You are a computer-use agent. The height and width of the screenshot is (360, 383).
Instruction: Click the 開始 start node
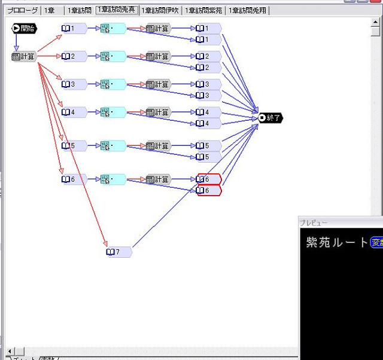tap(24, 28)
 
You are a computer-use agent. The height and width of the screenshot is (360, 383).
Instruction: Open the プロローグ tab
tap(22, 10)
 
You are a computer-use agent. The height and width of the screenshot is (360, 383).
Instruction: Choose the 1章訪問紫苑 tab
tap(203, 10)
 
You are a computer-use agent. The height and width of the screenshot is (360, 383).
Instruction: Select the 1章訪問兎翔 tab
tap(247, 10)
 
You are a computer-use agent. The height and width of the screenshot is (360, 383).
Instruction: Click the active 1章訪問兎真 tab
tap(116, 10)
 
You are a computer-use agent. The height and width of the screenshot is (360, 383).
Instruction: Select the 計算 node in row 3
tap(158, 84)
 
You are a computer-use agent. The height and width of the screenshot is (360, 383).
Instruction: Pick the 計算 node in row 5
tap(158, 145)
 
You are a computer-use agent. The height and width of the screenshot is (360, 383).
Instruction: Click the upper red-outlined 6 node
tap(209, 179)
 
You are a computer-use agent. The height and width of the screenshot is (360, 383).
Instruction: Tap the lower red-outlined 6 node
tap(209, 191)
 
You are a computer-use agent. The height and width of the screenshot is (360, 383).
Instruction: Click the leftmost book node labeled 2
tap(74, 56)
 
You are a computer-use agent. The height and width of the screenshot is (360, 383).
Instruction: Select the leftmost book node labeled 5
tap(74, 145)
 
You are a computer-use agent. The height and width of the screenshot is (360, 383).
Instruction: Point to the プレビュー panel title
tap(315, 222)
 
